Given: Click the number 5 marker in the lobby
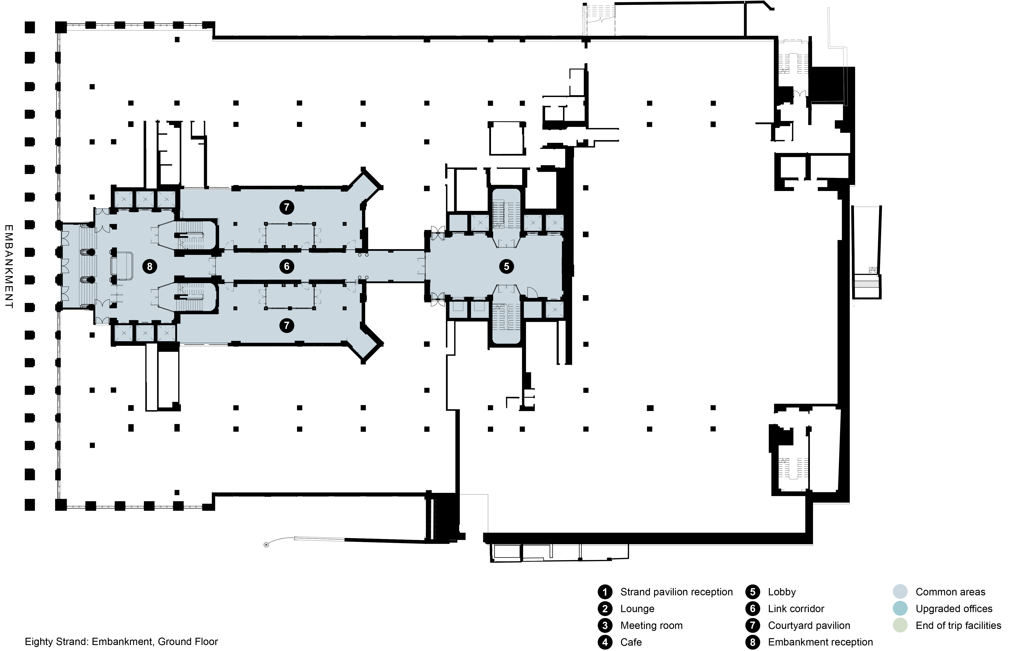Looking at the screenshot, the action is (506, 266).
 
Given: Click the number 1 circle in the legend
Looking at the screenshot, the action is (605, 592).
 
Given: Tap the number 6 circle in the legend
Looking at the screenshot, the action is (753, 609).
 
